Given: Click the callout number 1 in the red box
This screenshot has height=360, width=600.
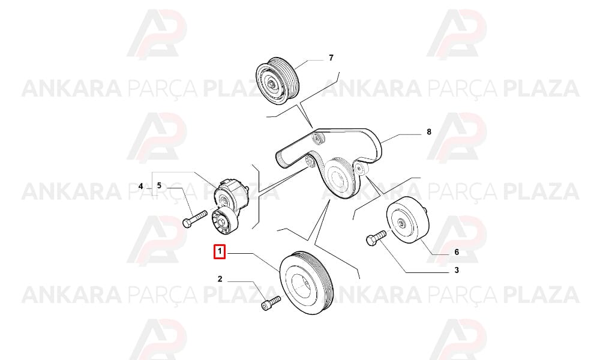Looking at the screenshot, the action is coord(220,252).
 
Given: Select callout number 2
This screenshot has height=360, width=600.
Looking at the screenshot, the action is coord(220,279).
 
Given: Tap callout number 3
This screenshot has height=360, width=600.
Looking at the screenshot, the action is coord(457,270).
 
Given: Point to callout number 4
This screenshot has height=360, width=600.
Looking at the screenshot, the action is coord(141,187).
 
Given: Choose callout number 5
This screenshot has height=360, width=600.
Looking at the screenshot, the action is coord(159,186).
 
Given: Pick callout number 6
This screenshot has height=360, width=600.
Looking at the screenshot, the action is coord(457,252).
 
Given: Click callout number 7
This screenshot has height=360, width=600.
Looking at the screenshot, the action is coord(331,58).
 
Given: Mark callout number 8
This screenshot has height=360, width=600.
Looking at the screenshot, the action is coord(429,131).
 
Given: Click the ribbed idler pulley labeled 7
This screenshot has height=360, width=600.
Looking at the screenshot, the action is coord(276,81).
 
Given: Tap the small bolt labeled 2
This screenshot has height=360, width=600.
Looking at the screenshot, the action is coord(270,303).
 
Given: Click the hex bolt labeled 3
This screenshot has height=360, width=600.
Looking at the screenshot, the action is coord(377,237).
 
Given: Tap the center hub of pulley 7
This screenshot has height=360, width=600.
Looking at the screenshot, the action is coord(271,85).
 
